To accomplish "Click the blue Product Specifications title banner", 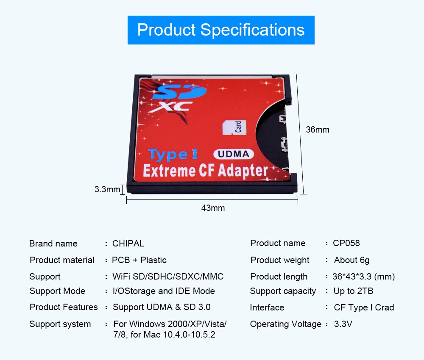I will [x=221, y=30].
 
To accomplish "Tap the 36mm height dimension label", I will [x=318, y=130].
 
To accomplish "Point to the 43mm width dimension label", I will [x=213, y=208].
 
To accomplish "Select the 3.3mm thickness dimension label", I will [x=107, y=189].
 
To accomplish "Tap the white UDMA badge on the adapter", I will [x=234, y=154].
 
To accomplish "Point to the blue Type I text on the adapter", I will [x=173, y=155].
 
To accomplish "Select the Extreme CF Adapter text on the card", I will [x=206, y=171].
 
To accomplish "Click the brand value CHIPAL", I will [x=128, y=244].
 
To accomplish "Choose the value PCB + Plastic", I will [x=139, y=260].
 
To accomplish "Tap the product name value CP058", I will [x=346, y=243].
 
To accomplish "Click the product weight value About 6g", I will [x=351, y=260].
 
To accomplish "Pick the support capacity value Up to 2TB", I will [x=353, y=291].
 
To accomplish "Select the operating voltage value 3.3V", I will [x=343, y=324].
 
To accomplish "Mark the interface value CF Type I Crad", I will [x=364, y=307].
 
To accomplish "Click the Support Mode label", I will [x=57, y=291].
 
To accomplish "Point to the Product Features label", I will [x=64, y=307].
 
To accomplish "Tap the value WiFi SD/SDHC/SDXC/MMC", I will [x=168, y=277].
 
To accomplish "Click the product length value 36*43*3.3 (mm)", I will [x=363, y=277].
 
